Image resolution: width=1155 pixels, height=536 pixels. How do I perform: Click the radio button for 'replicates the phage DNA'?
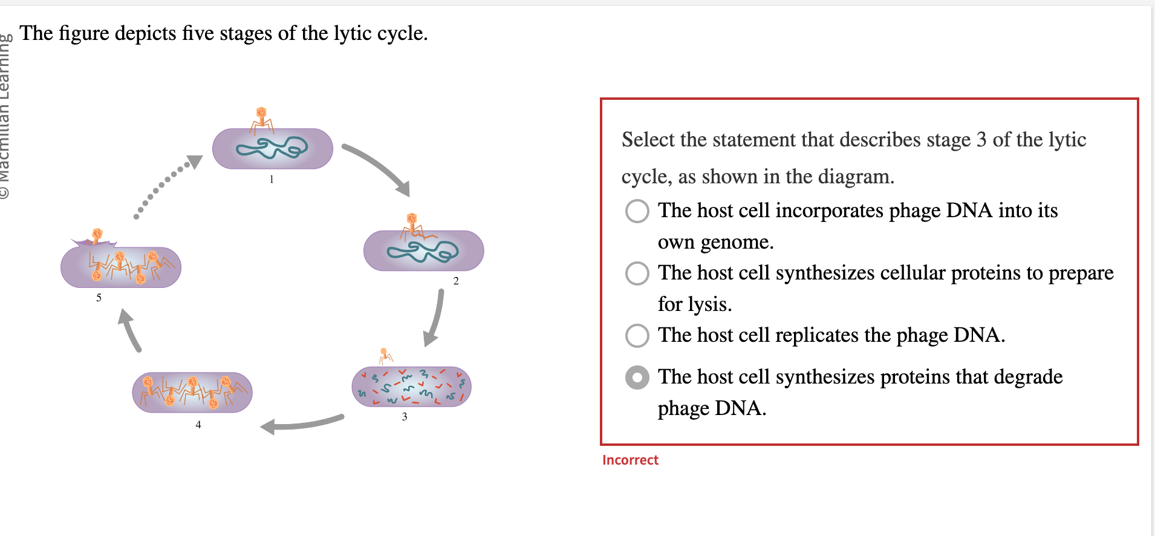point(637,335)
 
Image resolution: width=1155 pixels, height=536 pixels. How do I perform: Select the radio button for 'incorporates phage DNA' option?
point(637,211)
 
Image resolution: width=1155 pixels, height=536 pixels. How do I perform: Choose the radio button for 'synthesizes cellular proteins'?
point(637,273)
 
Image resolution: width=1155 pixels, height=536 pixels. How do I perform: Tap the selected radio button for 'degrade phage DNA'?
point(637,377)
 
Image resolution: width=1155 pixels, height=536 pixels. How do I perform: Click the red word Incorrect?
point(630,460)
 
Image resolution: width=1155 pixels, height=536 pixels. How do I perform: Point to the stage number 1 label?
point(272,179)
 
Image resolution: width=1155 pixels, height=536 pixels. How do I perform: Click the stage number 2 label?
point(456,281)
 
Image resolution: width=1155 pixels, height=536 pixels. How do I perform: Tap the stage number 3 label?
point(405,416)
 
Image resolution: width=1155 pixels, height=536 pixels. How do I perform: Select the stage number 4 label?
point(198,425)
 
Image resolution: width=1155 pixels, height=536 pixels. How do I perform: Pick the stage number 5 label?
point(99,298)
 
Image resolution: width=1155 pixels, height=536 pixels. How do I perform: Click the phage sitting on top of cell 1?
point(262,119)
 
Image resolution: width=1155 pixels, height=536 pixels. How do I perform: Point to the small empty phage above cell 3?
point(385,356)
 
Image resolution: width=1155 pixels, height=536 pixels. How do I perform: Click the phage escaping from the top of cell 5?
point(97,236)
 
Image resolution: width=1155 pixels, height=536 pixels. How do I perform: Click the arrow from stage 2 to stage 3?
point(435,318)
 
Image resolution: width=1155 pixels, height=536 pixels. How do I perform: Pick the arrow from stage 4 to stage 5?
point(129,329)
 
